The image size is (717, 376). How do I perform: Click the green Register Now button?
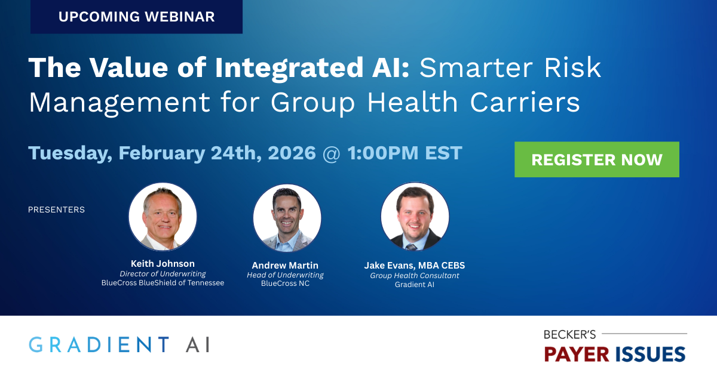tap(596, 159)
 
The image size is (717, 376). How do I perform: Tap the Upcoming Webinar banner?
tap(136, 17)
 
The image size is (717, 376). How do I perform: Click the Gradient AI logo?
tap(119, 344)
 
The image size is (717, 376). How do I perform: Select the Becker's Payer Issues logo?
tap(615, 347)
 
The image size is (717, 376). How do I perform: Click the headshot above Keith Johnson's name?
tap(163, 217)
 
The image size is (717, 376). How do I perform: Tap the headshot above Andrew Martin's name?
tap(287, 218)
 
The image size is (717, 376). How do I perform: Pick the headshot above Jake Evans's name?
tap(415, 217)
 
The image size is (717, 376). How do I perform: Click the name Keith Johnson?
tap(163, 263)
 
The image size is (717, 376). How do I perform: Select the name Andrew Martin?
tap(285, 265)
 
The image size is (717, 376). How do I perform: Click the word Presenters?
tap(56, 209)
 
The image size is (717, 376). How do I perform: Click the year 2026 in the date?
tap(292, 153)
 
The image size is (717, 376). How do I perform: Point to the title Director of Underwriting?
tap(163, 273)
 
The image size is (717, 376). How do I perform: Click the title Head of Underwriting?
tap(285, 275)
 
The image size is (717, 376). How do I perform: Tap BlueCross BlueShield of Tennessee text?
tap(163, 283)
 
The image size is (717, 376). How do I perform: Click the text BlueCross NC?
tap(285, 284)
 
